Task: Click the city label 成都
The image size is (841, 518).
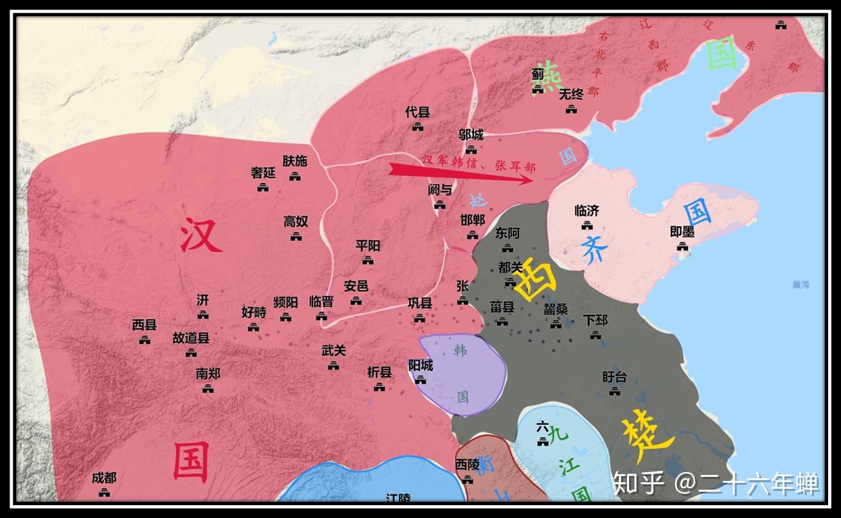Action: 104,478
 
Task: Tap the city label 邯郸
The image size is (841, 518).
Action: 472,220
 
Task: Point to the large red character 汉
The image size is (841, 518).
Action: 200,237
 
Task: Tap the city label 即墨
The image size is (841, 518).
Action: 682,231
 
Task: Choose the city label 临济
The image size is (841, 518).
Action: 587,210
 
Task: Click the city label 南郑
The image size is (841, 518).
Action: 208,373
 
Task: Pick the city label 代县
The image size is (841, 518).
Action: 417,112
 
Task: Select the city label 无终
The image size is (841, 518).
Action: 571,94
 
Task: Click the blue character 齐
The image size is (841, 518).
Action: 595,250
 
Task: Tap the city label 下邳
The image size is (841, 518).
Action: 595,319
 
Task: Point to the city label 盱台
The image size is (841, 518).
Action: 614,376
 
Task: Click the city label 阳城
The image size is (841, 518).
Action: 420,365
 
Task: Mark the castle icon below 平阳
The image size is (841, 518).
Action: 368,260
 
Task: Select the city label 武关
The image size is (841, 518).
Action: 333,350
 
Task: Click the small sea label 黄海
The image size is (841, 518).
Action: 801,285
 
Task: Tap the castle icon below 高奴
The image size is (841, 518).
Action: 296,236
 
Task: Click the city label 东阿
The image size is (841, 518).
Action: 508,233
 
